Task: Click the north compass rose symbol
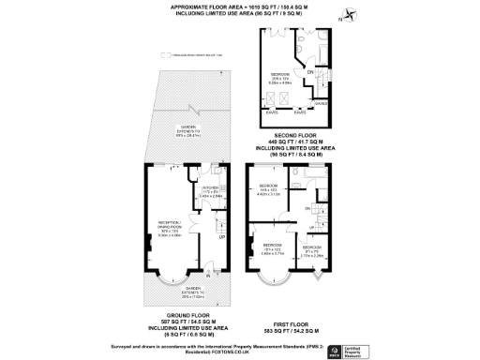(x=349, y=14)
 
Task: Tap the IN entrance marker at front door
(x=208, y=277)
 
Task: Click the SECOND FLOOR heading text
(x=298, y=137)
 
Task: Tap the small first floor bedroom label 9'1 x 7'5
(x=312, y=249)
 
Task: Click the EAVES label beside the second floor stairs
(x=320, y=103)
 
